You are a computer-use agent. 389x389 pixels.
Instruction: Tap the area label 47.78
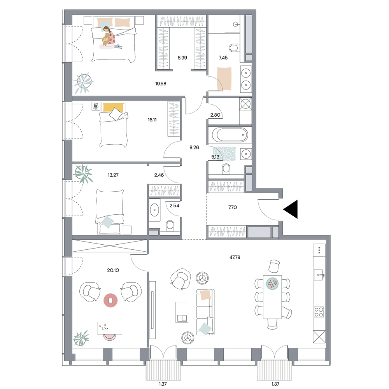coord(235,257)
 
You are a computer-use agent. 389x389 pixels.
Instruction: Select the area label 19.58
coord(161,84)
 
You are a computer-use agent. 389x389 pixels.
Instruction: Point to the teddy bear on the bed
coord(106,39)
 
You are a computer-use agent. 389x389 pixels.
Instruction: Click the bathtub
coord(230,135)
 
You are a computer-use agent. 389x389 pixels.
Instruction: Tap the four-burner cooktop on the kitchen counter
coord(319,312)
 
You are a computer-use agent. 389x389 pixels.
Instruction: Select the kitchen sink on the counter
coord(319,275)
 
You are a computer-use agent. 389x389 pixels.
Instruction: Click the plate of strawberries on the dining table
coord(272,283)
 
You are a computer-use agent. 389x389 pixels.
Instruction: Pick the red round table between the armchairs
coord(110,300)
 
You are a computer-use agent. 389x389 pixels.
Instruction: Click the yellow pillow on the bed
coord(113,107)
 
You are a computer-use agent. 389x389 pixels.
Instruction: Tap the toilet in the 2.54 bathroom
coord(170,226)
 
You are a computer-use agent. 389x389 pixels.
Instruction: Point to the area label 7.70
coord(233,207)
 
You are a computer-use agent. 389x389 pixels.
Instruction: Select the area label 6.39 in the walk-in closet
coord(182,58)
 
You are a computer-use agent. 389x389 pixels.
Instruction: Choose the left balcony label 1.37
coord(163,384)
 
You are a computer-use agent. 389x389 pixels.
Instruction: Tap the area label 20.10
coord(113,270)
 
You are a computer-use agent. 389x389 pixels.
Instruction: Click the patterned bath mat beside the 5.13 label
coord(224,154)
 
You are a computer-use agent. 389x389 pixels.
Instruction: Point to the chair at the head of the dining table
coord(274,266)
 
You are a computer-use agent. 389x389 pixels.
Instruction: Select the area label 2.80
coord(215,115)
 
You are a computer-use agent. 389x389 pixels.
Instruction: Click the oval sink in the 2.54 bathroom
coord(154,210)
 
